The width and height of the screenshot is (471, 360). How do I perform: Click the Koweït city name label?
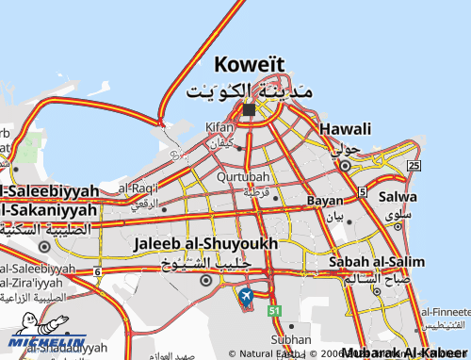(249, 65)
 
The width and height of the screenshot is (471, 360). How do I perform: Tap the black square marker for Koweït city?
(249, 110)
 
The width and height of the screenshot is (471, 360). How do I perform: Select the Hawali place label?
(345, 128)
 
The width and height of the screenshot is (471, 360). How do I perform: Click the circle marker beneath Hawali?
(345, 166)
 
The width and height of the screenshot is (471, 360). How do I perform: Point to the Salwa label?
(397, 198)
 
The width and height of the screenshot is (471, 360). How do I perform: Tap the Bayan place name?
(324, 201)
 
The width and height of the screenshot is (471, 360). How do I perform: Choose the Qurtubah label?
(243, 176)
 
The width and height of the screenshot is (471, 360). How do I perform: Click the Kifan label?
(219, 126)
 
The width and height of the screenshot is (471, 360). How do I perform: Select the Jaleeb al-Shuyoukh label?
(206, 243)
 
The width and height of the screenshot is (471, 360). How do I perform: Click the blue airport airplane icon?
(246, 299)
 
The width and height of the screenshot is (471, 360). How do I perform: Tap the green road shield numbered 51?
(274, 310)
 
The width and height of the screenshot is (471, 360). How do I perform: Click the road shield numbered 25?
(414, 165)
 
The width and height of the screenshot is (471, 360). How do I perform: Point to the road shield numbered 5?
(363, 192)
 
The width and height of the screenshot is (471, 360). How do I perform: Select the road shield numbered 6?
(97, 272)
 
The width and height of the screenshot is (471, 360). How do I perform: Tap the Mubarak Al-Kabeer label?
(404, 352)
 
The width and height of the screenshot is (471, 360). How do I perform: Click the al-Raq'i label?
(138, 188)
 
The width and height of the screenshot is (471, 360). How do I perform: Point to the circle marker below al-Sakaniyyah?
(44, 247)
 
